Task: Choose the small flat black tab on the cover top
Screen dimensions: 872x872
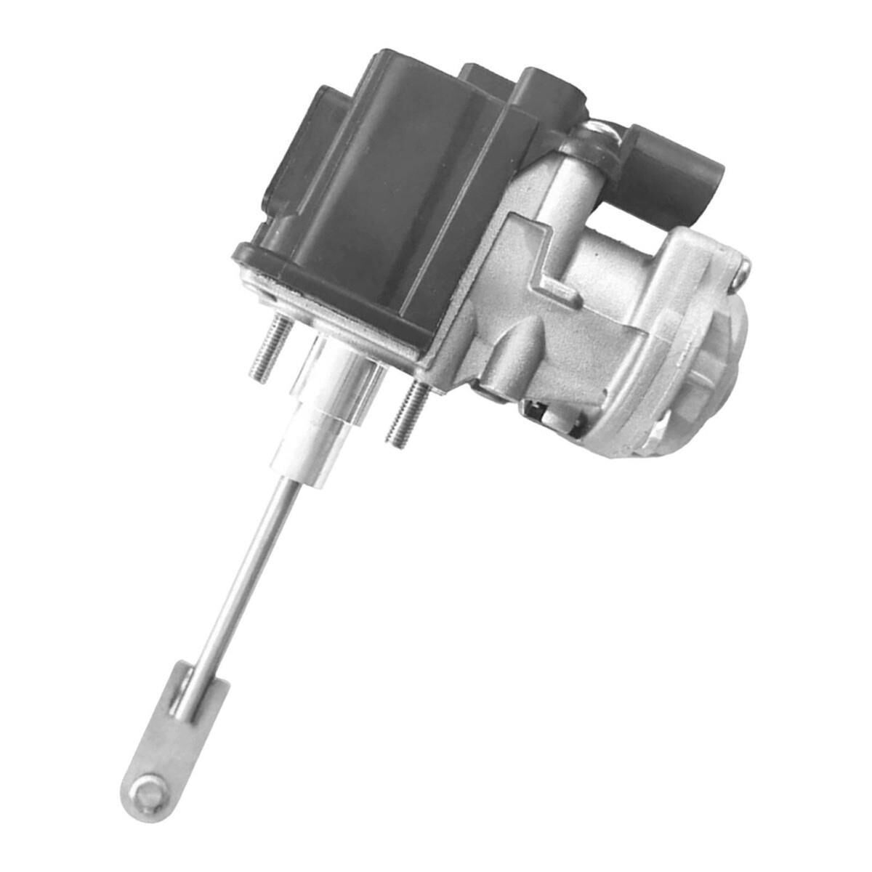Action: coord(480,73)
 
